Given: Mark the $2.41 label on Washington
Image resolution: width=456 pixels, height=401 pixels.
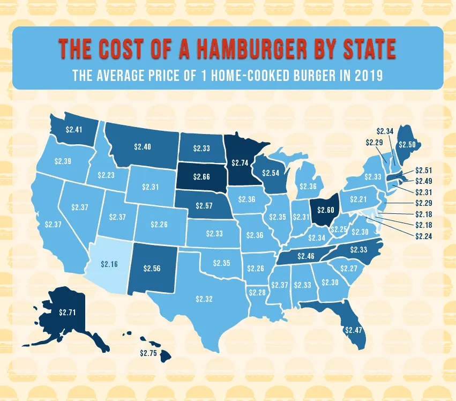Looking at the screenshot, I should click(74, 129).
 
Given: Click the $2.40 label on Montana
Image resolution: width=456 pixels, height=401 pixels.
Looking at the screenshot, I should click(143, 146).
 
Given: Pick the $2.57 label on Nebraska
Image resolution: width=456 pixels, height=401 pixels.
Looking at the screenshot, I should click(203, 206).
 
